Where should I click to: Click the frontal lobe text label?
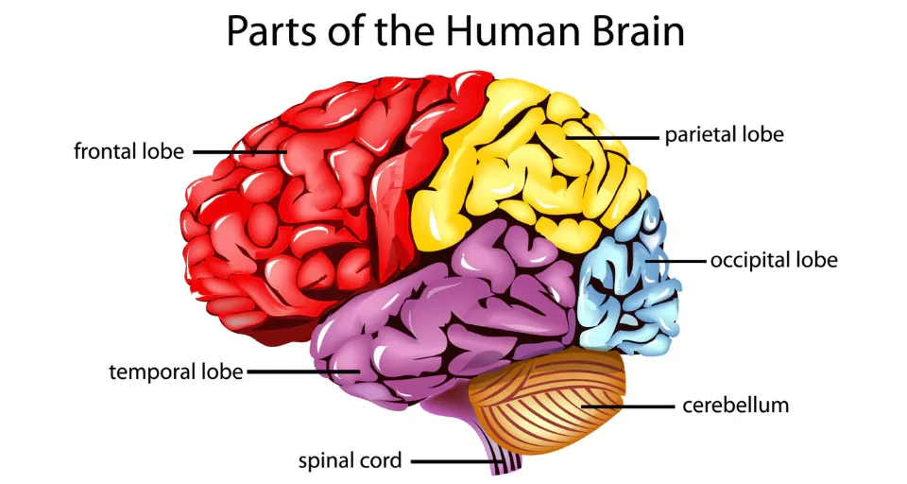[128, 151]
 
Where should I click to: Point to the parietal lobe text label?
[724, 135]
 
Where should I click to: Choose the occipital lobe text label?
[773, 259]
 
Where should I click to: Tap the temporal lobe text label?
[177, 372]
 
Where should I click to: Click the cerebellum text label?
[735, 406]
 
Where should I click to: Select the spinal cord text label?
[350, 461]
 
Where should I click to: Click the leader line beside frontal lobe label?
[236, 151]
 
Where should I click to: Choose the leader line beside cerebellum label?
[624, 406]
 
